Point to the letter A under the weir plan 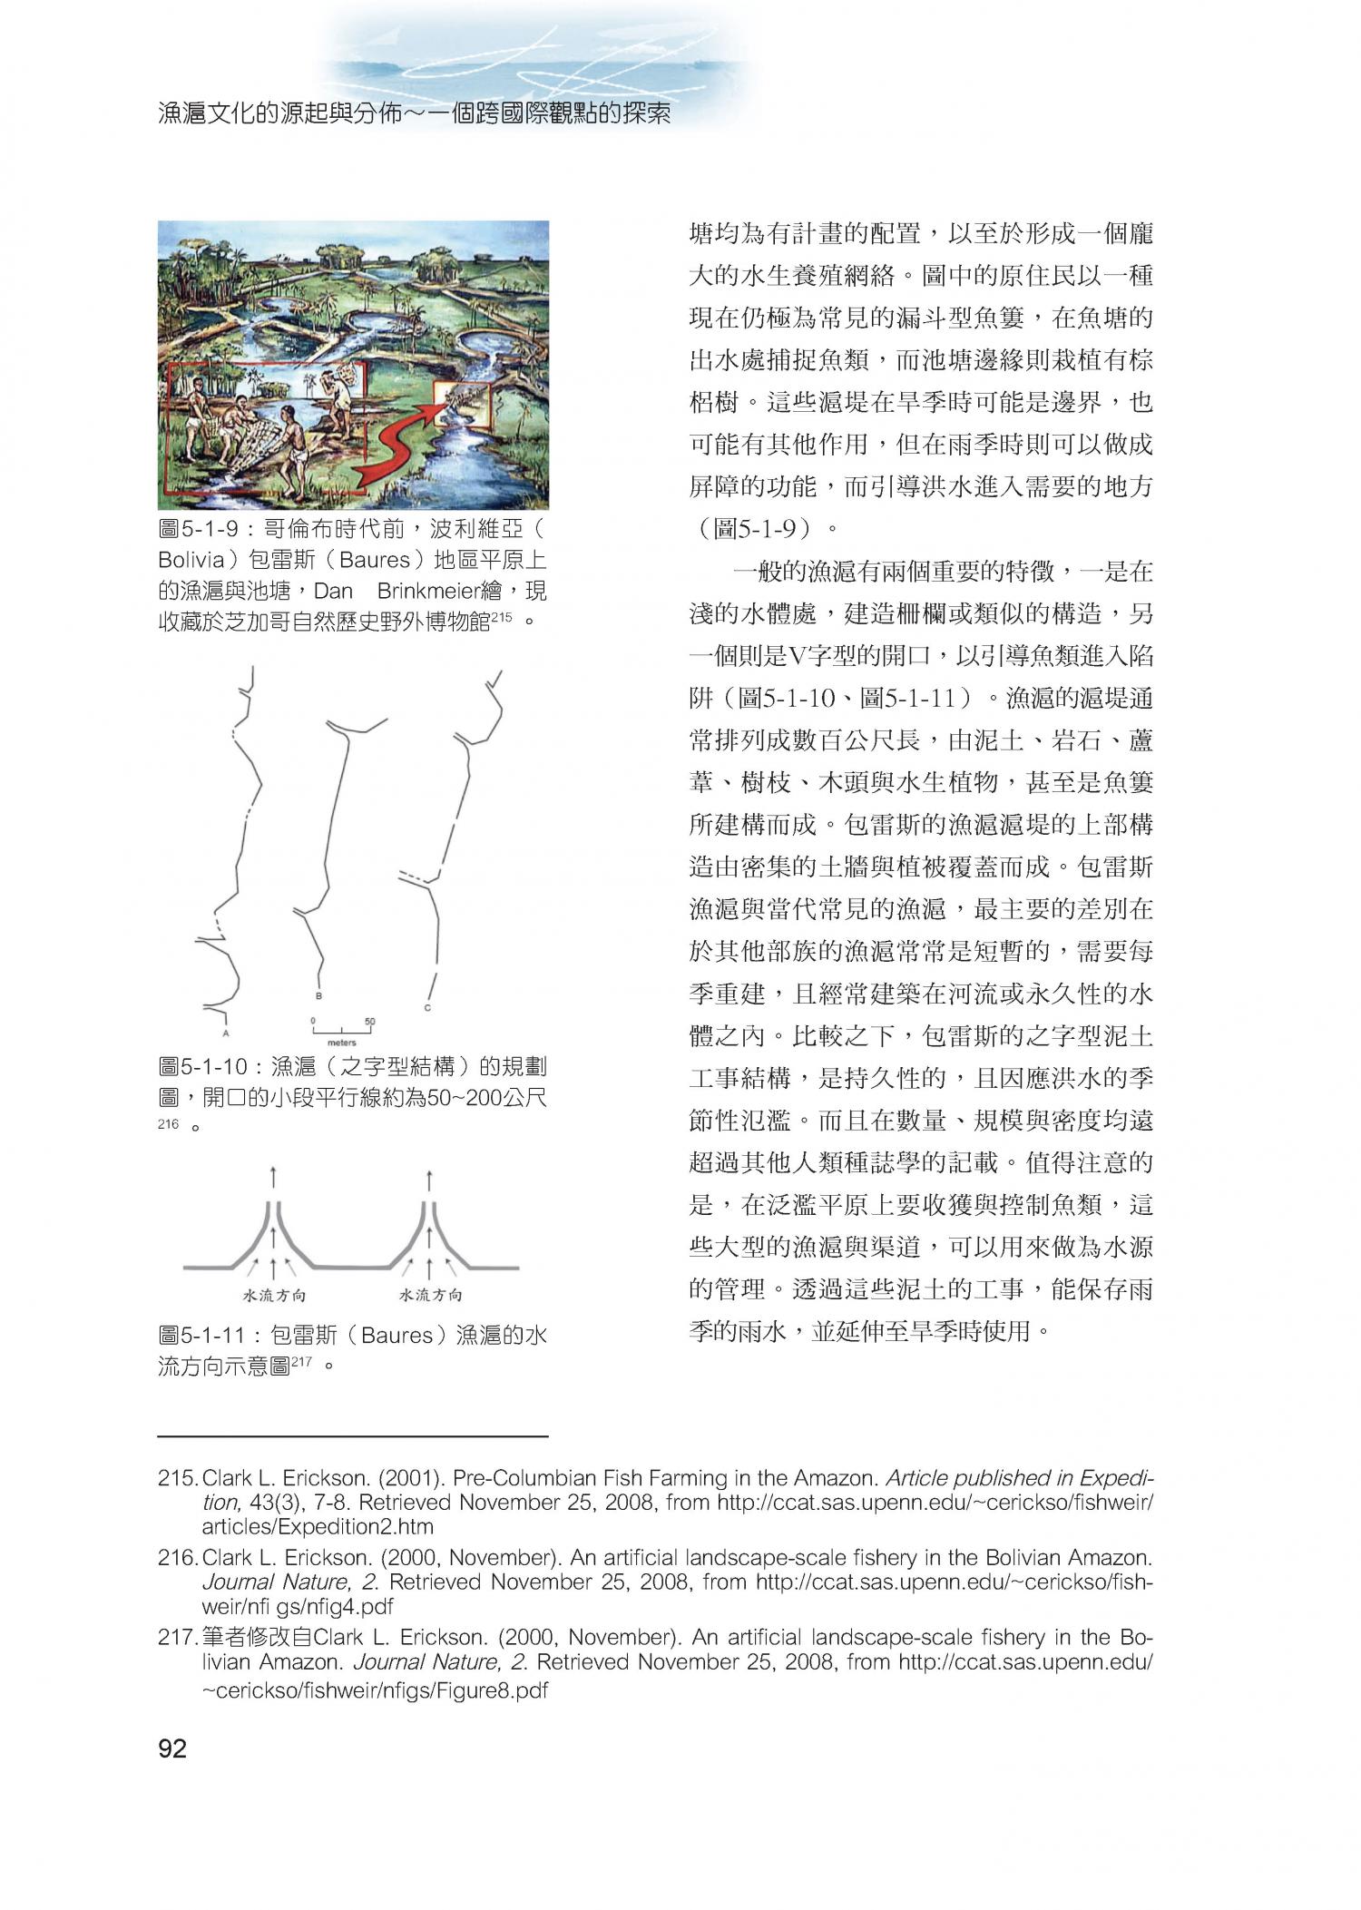point(224,1033)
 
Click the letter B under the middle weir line point(318,995)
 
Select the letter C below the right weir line point(426,1008)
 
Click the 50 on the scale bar point(369,1022)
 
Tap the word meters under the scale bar point(341,1043)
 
